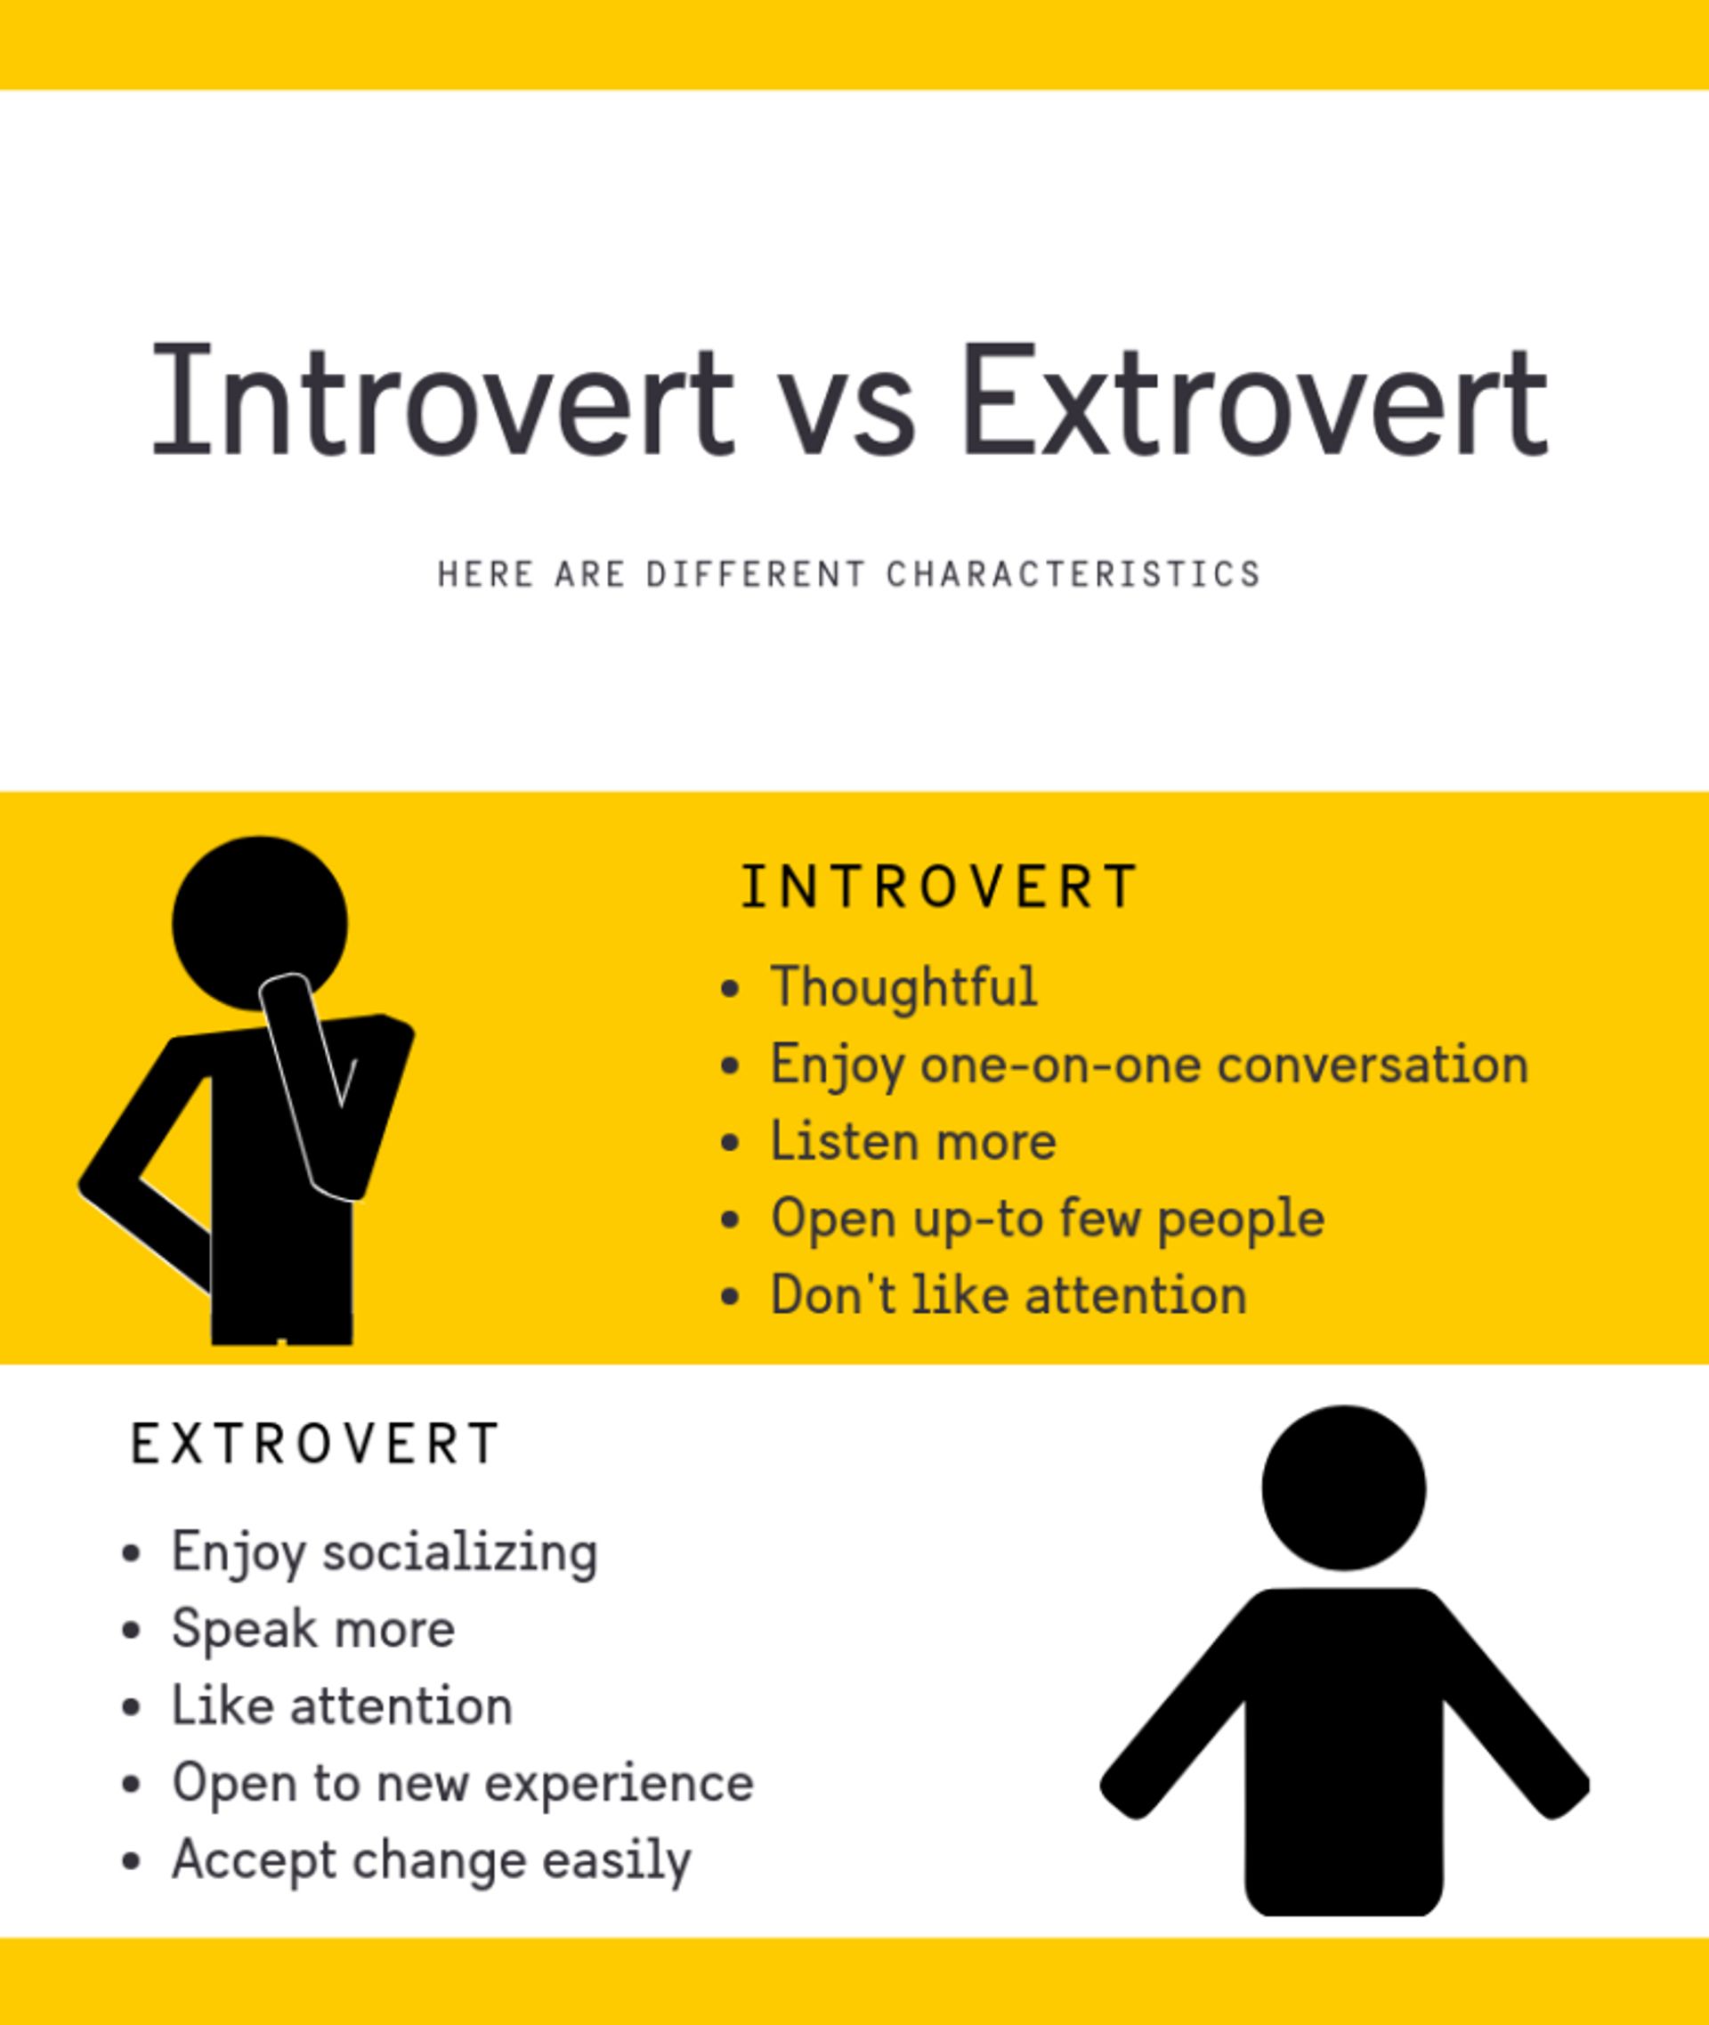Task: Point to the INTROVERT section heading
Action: (939, 887)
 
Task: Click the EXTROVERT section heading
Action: (315, 1444)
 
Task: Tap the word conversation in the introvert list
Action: (1372, 1065)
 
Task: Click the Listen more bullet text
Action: (912, 1140)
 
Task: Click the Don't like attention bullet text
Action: (1008, 1295)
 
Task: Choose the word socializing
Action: (460, 1551)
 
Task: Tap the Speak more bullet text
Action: (313, 1628)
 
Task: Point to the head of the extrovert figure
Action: (1344, 1487)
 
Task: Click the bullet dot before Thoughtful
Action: (731, 989)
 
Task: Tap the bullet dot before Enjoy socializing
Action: (132, 1553)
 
